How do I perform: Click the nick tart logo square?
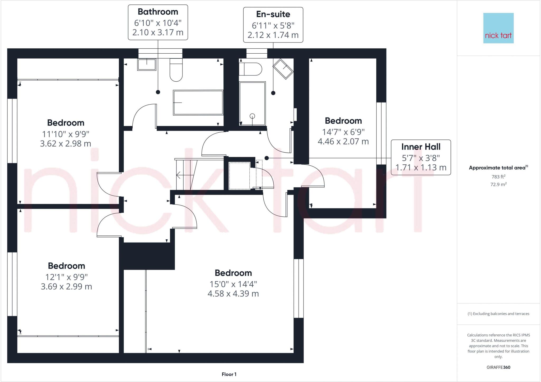(x=498, y=28)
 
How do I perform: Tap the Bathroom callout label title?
(x=158, y=12)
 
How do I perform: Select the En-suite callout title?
(x=273, y=14)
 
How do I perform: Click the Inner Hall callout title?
(x=421, y=147)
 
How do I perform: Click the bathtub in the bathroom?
(x=198, y=103)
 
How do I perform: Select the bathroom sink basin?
(x=147, y=64)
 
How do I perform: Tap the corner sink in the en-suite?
(x=283, y=69)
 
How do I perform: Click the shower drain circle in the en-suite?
(x=252, y=116)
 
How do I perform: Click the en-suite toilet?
(x=250, y=69)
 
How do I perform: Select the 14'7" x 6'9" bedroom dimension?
(x=343, y=132)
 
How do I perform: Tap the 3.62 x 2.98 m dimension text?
(x=66, y=144)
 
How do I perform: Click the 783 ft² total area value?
(x=498, y=176)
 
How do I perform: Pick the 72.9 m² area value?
(x=498, y=184)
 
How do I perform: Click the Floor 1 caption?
(x=229, y=374)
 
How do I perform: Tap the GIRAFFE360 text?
(x=498, y=367)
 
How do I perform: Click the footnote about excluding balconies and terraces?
(x=498, y=314)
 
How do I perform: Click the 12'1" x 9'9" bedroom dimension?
(x=66, y=277)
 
